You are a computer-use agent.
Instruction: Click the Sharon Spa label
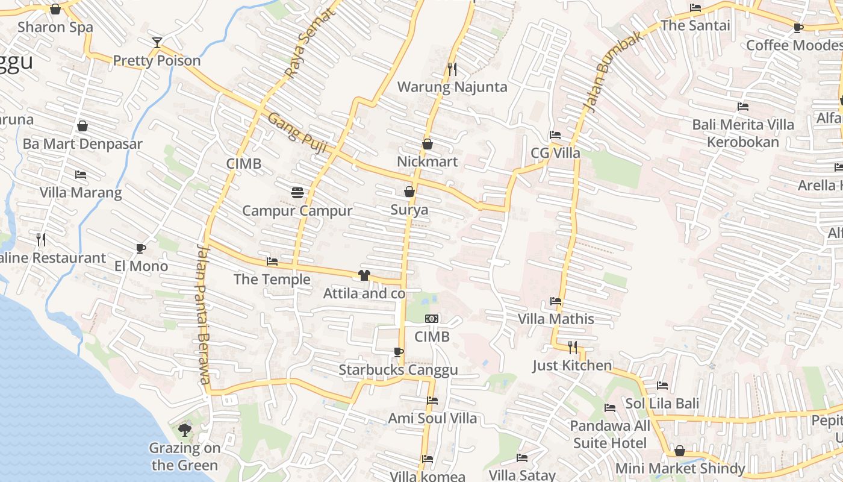point(55,27)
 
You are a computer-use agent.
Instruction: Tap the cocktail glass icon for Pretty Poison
point(157,42)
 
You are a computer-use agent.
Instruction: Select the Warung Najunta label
point(452,87)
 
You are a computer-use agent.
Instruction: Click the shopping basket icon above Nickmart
point(428,144)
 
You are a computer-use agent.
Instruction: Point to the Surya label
point(409,210)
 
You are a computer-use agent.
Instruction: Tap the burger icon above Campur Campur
point(297,193)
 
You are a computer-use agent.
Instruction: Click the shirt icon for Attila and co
point(364,275)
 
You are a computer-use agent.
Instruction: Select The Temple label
point(272,279)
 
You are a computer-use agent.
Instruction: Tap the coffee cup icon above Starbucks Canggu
point(398,352)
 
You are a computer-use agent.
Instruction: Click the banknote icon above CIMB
point(432,319)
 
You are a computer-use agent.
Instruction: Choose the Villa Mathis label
point(556,319)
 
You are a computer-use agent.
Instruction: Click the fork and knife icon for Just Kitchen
point(573,347)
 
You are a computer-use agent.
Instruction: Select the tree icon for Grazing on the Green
point(185,430)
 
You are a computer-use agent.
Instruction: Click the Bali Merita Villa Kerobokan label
point(743,133)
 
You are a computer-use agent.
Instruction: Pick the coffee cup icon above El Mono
point(140,248)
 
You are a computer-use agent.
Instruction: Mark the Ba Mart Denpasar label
point(82,144)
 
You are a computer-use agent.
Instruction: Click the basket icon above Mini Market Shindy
point(680,451)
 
